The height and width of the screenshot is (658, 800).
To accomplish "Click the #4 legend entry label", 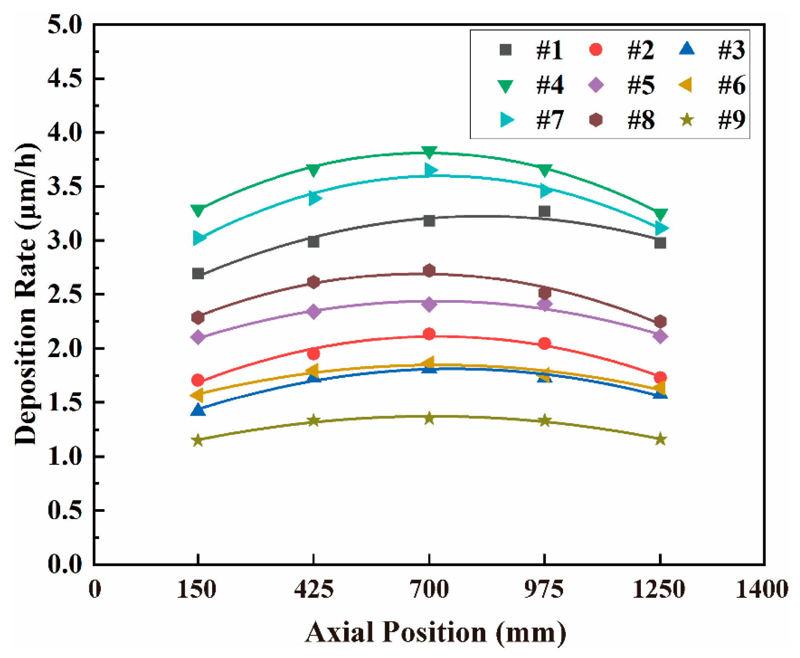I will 549,85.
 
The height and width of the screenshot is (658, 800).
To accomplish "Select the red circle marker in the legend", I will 596,50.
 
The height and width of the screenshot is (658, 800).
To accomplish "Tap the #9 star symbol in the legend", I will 687,119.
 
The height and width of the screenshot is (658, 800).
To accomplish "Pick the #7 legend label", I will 549,119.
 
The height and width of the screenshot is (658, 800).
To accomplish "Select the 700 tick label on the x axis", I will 429,590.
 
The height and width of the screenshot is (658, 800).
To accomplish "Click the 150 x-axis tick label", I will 196,590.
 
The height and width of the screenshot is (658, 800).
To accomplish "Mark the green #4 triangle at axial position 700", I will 429,152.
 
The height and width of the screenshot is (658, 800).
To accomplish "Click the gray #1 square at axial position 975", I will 544,211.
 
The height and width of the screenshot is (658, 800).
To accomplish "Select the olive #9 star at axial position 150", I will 198,440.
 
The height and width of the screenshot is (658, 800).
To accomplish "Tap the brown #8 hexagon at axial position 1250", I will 660,321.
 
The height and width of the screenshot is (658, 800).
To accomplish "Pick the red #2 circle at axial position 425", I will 313,354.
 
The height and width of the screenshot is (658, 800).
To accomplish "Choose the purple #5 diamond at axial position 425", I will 313,312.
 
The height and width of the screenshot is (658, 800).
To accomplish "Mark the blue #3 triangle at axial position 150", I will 198,410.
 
